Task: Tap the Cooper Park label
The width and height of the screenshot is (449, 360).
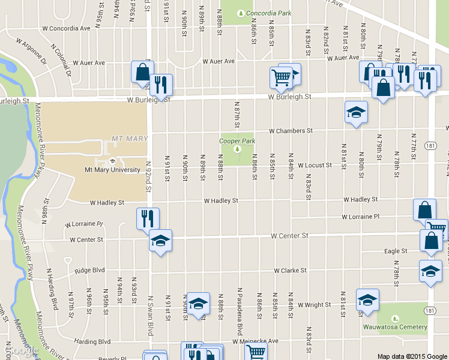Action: coord(237,141)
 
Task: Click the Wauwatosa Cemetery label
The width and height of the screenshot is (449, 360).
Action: coord(395,327)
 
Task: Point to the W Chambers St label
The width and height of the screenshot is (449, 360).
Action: coord(291,130)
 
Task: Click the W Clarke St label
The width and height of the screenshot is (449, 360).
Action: coord(291,271)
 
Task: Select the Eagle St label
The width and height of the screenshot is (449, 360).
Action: coord(396,251)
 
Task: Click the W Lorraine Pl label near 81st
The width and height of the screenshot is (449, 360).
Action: coord(361,217)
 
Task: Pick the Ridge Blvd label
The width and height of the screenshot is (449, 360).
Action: coord(90,271)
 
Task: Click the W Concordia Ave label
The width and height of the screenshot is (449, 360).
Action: coord(66,28)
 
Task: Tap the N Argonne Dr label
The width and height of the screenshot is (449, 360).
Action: coord(32,52)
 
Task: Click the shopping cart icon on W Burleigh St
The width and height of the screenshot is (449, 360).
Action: coord(281,76)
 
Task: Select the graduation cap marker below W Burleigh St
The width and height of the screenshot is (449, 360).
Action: coord(356,112)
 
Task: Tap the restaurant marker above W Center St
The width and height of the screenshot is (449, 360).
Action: coord(148,218)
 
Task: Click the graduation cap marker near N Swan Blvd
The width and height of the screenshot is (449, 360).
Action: coord(160,240)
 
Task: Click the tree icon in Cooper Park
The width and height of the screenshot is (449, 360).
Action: coord(237,149)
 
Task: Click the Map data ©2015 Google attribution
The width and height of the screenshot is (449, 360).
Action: coord(412,356)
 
